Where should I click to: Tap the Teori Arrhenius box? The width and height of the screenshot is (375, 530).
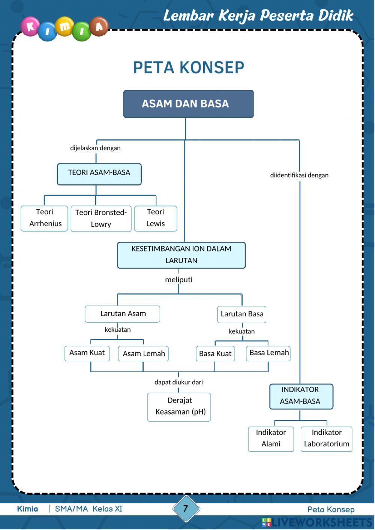[44, 218]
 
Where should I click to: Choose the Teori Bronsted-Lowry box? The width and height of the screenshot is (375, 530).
[101, 219]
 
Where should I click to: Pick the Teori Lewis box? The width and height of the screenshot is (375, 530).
[155, 218]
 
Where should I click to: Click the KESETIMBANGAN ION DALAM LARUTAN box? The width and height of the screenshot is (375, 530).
[181, 255]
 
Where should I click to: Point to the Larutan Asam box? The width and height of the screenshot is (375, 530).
[122, 314]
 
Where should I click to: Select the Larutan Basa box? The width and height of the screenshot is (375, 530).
[241, 314]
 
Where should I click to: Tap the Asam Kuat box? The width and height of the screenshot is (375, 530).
[87, 353]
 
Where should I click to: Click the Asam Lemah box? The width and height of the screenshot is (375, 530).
[143, 353]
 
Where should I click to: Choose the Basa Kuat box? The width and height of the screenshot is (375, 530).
[215, 353]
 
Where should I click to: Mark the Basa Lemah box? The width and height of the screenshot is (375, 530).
[268, 353]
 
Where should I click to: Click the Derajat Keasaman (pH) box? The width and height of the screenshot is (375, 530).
[179, 407]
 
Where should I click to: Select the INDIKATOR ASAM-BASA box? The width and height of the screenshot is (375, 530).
[301, 396]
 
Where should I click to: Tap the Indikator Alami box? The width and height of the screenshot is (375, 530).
[271, 439]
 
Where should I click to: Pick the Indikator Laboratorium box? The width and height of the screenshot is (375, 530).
[326, 439]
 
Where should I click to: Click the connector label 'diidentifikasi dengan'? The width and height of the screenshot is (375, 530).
[299, 175]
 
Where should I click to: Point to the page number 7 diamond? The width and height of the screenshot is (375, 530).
[186, 509]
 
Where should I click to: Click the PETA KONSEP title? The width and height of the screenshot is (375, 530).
[189, 68]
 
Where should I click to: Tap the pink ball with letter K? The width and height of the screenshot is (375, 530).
[30, 27]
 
